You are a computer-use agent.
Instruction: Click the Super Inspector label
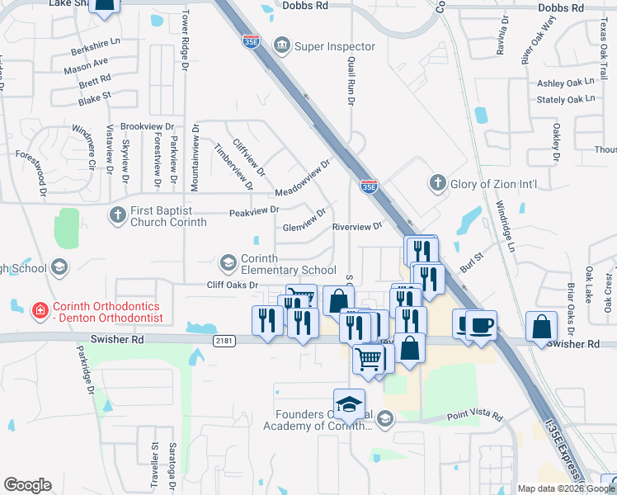tap(335, 46)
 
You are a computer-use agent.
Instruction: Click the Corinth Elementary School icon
tap(228, 263)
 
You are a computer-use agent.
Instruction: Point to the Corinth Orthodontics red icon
tap(39, 311)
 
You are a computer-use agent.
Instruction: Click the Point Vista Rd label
tap(474, 417)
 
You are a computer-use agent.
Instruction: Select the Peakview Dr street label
tap(254, 211)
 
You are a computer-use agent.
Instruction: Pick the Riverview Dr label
tap(357, 226)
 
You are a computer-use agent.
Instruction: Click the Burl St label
tap(471, 265)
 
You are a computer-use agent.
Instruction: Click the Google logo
tap(27, 485)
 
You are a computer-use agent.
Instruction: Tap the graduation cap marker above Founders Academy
tap(349, 403)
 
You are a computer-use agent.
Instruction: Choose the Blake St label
tap(94, 97)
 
